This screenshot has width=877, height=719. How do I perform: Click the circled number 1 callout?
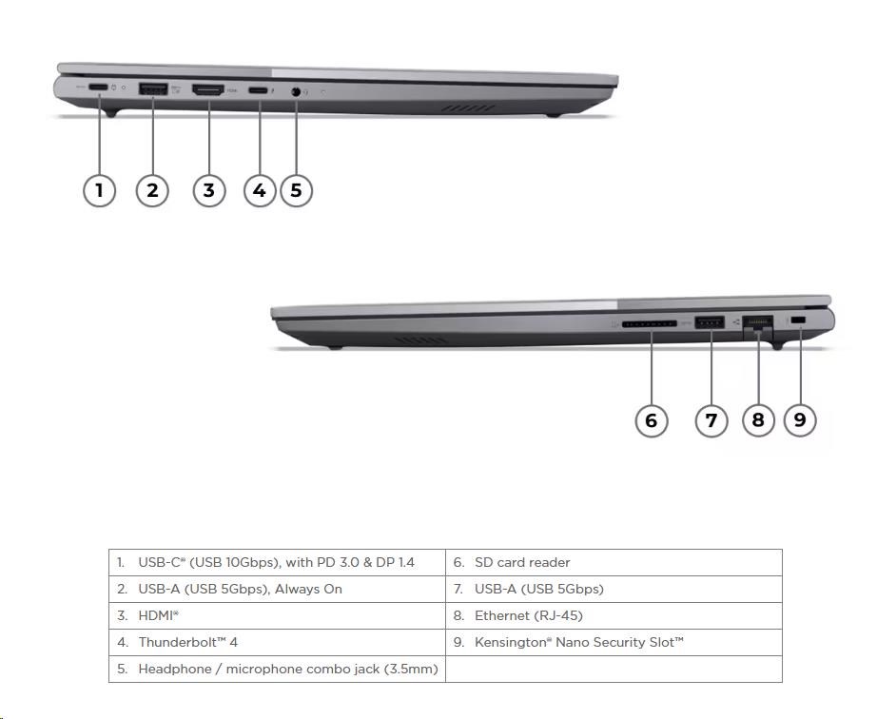[x=99, y=190]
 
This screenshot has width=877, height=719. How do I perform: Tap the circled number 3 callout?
[x=209, y=190]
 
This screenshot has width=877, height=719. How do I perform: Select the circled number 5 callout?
[x=296, y=190]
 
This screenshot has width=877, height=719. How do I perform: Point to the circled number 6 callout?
[x=652, y=419]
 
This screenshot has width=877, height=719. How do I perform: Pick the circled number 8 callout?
[x=758, y=419]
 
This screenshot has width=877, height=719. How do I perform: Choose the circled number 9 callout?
[x=800, y=419]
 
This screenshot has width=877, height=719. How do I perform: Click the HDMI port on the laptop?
[x=208, y=90]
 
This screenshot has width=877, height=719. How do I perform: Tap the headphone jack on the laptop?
[x=296, y=91]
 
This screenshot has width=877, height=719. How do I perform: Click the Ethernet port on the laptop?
[x=758, y=323]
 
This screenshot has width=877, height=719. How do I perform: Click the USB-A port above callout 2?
[x=153, y=89]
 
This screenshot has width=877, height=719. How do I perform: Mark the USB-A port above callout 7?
[x=710, y=323]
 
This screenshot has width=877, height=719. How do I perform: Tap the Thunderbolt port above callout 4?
[x=259, y=90]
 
